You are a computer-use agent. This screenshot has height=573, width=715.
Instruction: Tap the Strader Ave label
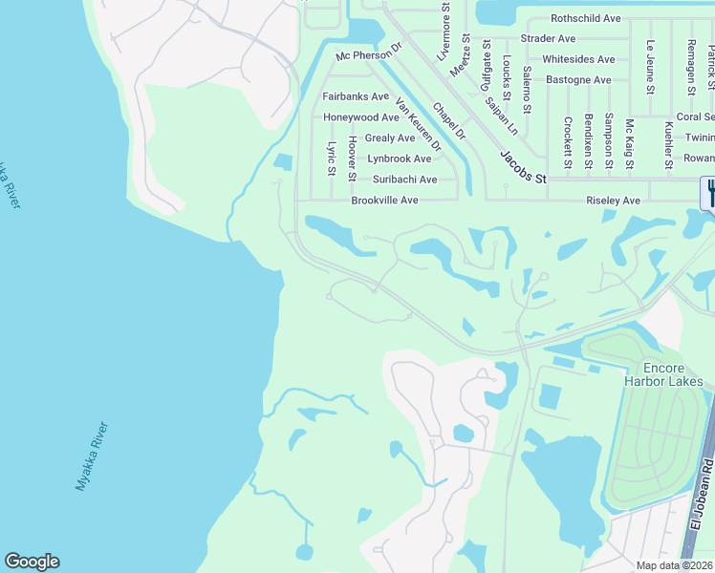click(548, 38)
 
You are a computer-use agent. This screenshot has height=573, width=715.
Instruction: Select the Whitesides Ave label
click(578, 59)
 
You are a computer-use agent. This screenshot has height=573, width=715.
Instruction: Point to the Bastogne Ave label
click(578, 79)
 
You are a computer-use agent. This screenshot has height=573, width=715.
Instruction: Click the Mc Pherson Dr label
click(369, 56)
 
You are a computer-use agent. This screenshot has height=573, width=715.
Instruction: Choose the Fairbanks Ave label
click(356, 96)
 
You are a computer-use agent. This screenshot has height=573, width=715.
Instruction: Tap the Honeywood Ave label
click(360, 117)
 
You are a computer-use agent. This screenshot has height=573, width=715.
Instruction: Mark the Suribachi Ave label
click(404, 179)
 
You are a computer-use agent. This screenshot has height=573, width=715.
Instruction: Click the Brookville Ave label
click(384, 201)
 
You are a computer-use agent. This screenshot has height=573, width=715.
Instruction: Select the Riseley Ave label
click(613, 201)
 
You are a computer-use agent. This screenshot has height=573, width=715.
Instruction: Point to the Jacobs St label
click(523, 168)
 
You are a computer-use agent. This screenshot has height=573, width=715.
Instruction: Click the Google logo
click(32, 562)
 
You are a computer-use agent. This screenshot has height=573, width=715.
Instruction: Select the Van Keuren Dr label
click(419, 126)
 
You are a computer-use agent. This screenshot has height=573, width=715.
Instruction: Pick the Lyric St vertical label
click(332, 159)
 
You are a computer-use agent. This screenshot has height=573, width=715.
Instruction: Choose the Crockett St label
click(567, 143)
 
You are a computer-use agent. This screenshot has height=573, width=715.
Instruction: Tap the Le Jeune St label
click(650, 67)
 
